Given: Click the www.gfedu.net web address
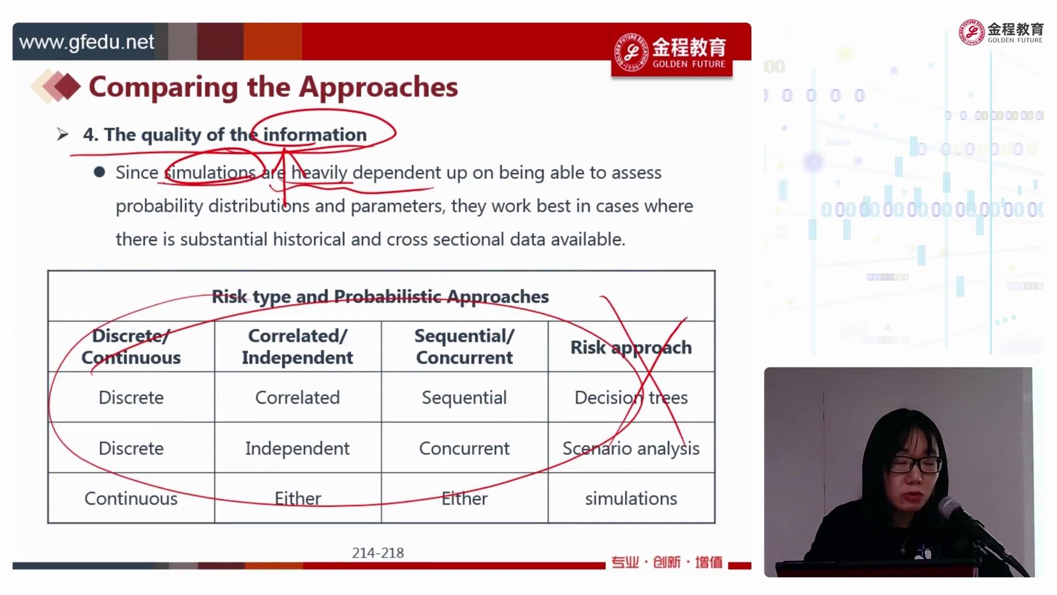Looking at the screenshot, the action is (86, 42).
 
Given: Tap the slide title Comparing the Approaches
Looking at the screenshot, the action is (273, 87).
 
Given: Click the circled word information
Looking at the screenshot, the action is (315, 134).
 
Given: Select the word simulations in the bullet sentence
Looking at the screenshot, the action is (210, 172).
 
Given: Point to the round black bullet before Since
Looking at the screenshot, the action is (100, 172).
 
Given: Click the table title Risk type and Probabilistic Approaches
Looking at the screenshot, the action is (380, 296).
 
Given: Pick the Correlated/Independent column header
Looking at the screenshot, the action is (297, 347).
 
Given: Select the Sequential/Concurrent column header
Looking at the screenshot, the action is (464, 347).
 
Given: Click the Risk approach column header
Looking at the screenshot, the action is (631, 347).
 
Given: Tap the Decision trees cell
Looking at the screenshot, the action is (631, 397).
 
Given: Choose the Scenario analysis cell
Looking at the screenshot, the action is (631, 448).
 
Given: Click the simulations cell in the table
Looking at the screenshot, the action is (631, 499).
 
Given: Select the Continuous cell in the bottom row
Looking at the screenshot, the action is (131, 499).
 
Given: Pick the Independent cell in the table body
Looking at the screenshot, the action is (297, 448).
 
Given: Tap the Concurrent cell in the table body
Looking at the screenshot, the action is (464, 448).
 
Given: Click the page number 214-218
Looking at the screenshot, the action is (378, 553).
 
